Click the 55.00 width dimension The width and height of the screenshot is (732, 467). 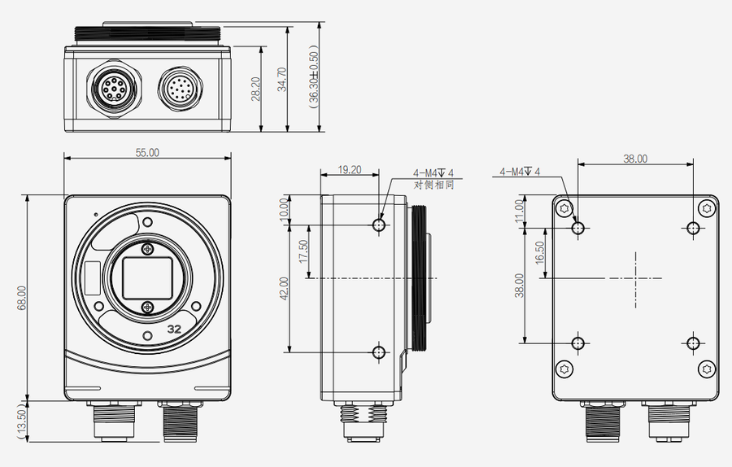147,152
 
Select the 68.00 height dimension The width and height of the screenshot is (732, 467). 22,297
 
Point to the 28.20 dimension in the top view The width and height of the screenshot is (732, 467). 255,89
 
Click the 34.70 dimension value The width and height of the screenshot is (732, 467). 282,80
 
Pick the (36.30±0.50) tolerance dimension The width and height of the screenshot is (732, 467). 313,80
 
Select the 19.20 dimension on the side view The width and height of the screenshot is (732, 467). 349,170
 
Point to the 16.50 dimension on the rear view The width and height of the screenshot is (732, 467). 539,252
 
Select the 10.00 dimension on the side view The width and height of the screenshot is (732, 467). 284,210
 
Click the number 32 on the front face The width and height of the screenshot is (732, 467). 174,330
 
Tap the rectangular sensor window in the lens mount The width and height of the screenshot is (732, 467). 146,277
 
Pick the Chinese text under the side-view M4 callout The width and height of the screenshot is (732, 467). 434,185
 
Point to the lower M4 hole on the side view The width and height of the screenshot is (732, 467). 378,352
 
